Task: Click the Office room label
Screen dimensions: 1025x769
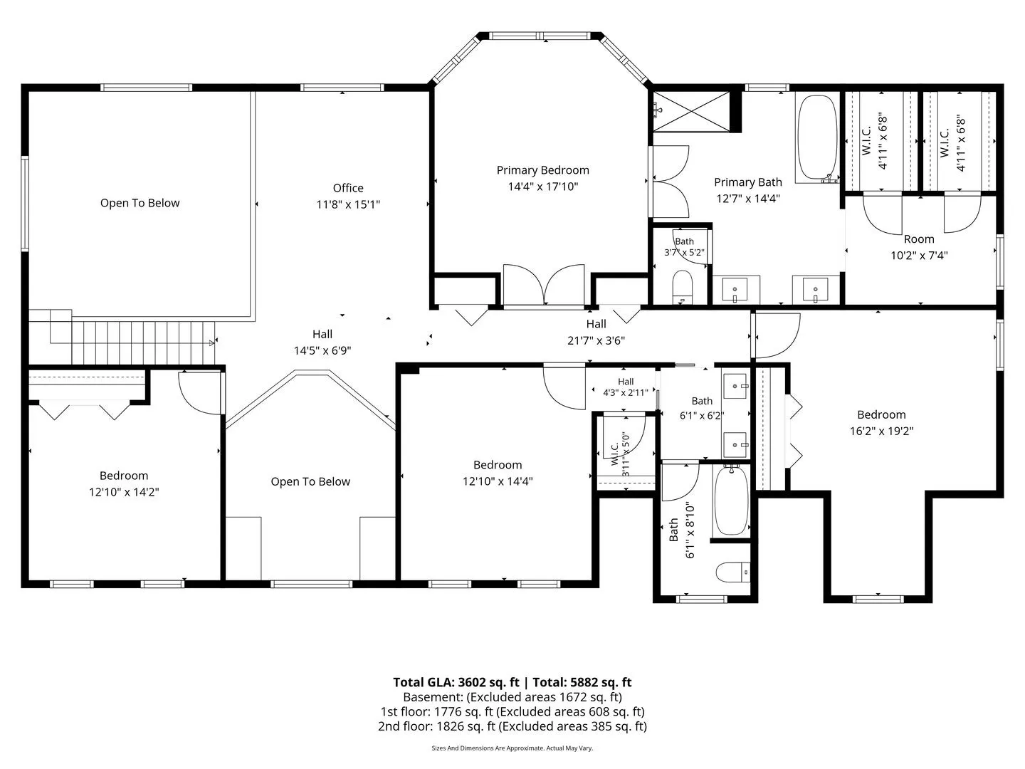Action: pyautogui.click(x=348, y=188)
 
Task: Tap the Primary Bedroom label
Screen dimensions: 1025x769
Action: pyautogui.click(x=542, y=170)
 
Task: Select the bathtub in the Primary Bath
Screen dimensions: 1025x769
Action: pyautogui.click(x=817, y=139)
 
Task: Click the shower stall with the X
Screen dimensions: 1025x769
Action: pyautogui.click(x=691, y=111)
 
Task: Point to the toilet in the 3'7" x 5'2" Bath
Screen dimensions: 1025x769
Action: pyautogui.click(x=682, y=287)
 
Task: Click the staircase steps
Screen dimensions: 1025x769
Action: pyautogui.click(x=143, y=342)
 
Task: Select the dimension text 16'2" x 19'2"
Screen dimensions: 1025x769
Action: pyautogui.click(x=881, y=431)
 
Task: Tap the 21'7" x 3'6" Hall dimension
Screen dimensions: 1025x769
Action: pyautogui.click(x=596, y=340)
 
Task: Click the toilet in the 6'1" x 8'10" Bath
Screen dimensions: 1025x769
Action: pyautogui.click(x=732, y=572)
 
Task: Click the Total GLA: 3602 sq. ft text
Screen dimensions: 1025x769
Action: pyautogui.click(x=456, y=682)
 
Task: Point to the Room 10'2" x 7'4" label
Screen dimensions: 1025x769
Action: pyautogui.click(x=919, y=247)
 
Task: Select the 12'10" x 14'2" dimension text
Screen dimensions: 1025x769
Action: pyautogui.click(x=124, y=491)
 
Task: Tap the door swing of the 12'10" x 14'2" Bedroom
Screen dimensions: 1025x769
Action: pyautogui.click(x=199, y=393)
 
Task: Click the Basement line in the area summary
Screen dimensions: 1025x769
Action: pyautogui.click(x=512, y=697)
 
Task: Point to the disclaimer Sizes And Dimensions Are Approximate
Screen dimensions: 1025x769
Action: pyautogui.click(x=512, y=748)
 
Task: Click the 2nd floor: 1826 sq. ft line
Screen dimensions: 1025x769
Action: pyautogui.click(x=512, y=726)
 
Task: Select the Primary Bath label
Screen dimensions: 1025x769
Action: pyautogui.click(x=747, y=182)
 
